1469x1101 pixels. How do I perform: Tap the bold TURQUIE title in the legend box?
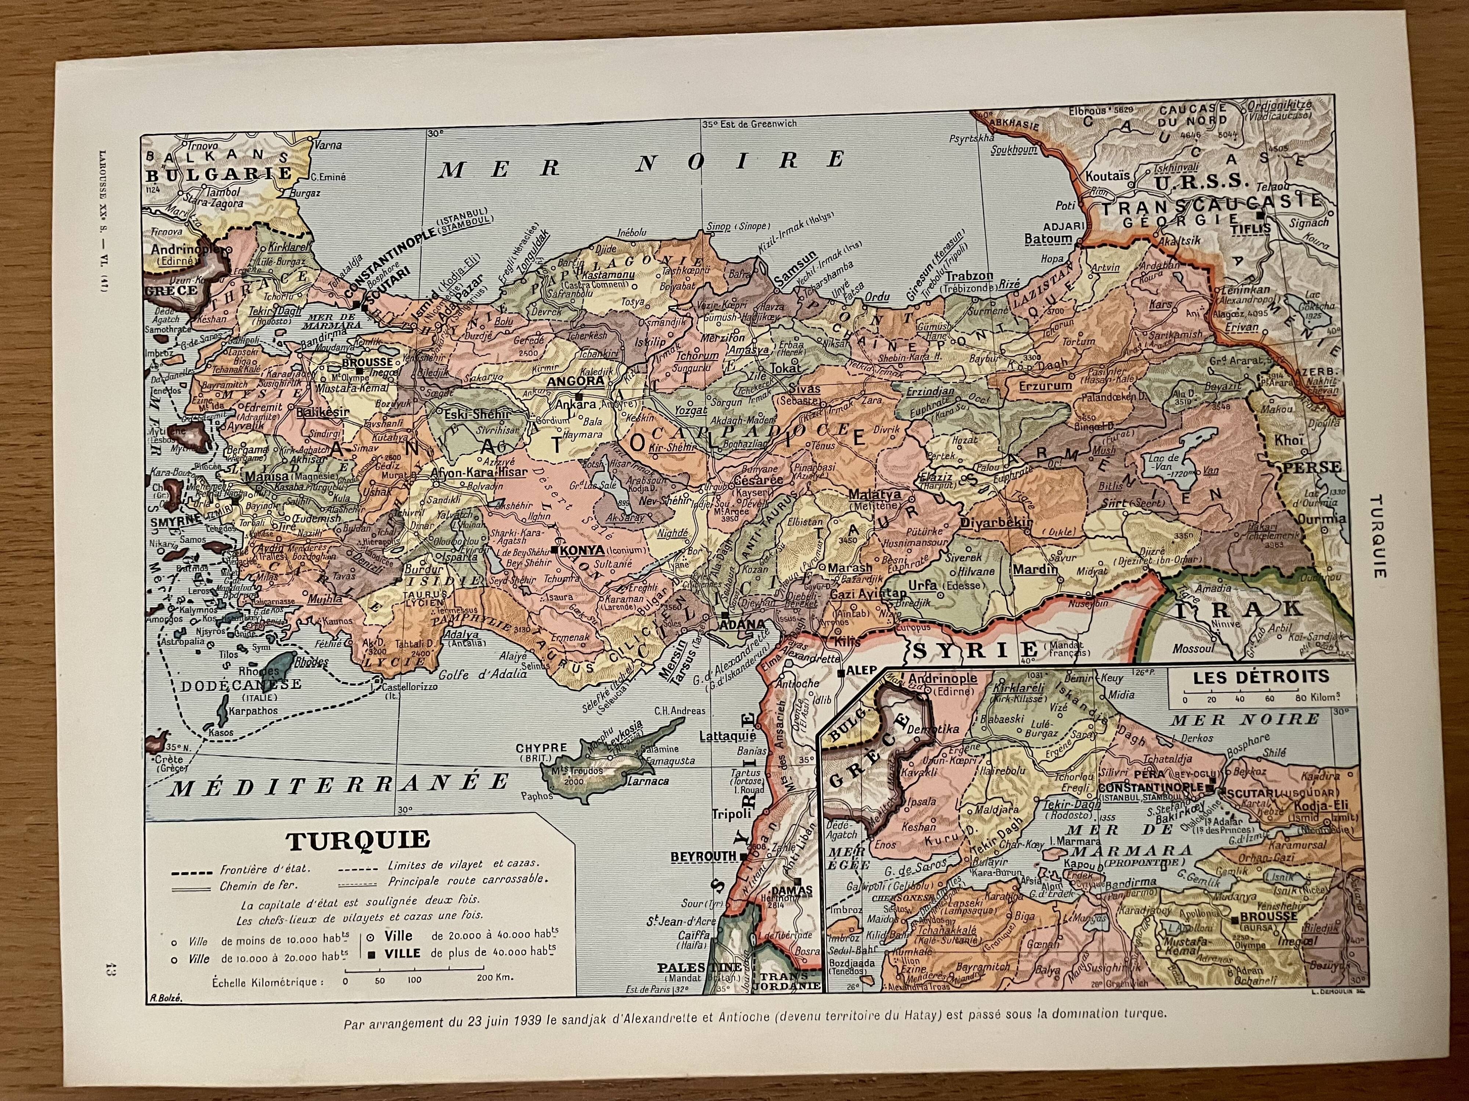tap(358, 840)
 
